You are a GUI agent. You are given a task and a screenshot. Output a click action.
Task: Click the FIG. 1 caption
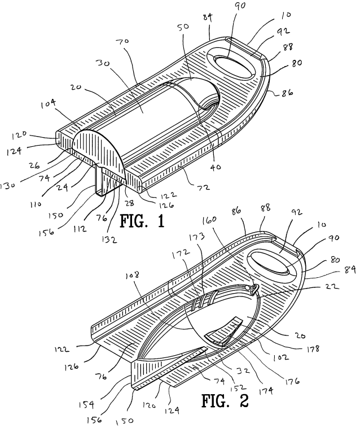pos(142,221)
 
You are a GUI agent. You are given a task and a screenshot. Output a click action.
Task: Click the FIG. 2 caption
pos(225,401)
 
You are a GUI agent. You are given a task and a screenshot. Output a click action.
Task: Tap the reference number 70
pos(122,42)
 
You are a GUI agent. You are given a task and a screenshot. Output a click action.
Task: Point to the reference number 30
pos(103,64)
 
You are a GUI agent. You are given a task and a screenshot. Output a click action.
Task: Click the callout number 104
pos(49,104)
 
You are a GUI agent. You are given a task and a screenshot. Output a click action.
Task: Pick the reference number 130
pos(7,185)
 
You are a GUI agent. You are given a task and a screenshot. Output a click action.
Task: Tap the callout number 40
pos(215,166)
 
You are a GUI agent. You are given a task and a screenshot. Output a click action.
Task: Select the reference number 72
pos(203,187)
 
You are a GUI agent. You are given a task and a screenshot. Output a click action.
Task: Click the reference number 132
pos(109,239)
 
